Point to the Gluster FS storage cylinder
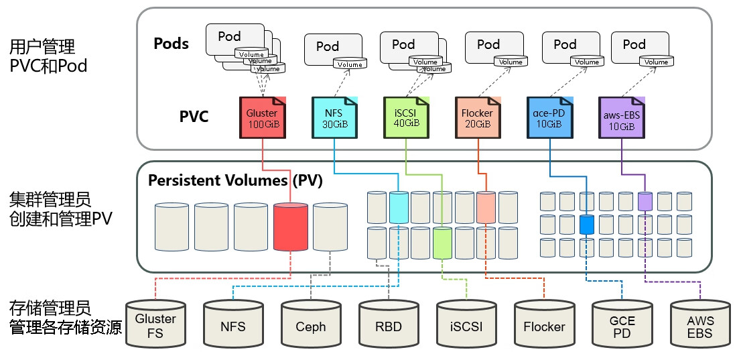tap(155, 325)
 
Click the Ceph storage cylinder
tap(310, 326)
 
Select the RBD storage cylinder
tap(388, 326)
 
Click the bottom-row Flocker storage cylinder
tap(544, 326)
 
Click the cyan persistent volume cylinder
tap(399, 206)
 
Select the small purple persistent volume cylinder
tap(645, 200)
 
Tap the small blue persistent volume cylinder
tap(587, 225)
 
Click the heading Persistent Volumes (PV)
tap(235, 180)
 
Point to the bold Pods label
tap(172, 44)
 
